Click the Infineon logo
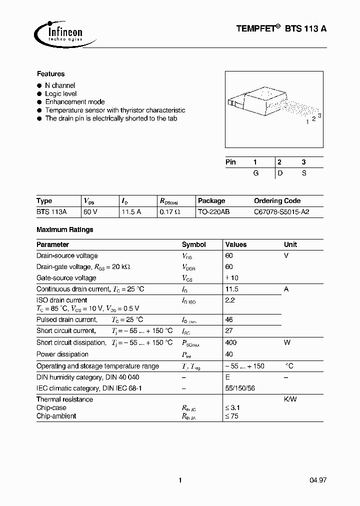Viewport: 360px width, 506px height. [59, 33]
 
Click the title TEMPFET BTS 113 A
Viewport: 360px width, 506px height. [281, 29]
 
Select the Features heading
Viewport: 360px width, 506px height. [50, 74]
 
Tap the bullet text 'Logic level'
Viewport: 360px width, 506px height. [61, 93]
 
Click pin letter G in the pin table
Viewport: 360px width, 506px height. [255, 173]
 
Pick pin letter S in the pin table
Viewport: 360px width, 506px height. [303, 173]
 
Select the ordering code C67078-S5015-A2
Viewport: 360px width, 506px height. [281, 212]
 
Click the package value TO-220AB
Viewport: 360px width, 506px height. [213, 212]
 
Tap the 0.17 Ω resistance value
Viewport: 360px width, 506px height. [170, 212]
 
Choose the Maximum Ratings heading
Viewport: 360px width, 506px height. [65, 229]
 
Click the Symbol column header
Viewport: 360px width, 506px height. [194, 244]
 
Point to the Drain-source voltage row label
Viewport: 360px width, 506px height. [67, 256]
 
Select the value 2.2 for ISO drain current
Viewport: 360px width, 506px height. [230, 300]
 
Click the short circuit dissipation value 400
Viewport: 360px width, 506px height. [231, 343]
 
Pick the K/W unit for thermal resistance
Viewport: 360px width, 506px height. [291, 399]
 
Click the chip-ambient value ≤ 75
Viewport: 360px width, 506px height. [232, 416]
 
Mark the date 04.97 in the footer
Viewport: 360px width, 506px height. [318, 480]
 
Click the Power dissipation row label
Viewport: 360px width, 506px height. [62, 354]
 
